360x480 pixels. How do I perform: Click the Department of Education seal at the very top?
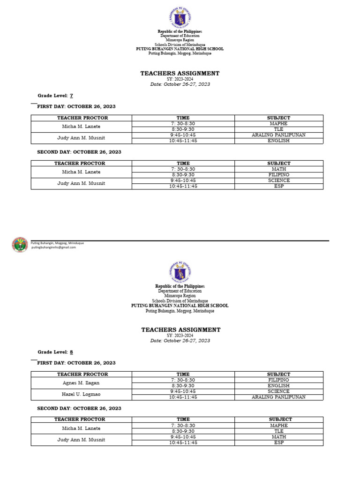pyautogui.click(x=180, y=18)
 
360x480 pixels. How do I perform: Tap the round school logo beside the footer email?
pyautogui.click(x=20, y=245)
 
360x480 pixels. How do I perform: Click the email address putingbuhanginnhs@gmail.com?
pyautogui.click(x=53, y=247)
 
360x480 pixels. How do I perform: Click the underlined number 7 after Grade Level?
pyautogui.click(x=71, y=96)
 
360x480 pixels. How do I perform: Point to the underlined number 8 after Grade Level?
pyautogui.click(x=71, y=352)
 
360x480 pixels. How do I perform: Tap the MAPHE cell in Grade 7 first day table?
pyautogui.click(x=278, y=123)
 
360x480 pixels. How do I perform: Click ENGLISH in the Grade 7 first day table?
pyautogui.click(x=278, y=141)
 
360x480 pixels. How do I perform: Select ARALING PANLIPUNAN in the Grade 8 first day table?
pyautogui.click(x=278, y=397)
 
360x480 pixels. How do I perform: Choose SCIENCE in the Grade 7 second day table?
pyautogui.click(x=278, y=180)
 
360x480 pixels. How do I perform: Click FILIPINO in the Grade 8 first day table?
pyautogui.click(x=278, y=380)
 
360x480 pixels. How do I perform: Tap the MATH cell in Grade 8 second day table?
pyautogui.click(x=278, y=436)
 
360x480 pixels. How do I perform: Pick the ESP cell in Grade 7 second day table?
pyautogui.click(x=278, y=186)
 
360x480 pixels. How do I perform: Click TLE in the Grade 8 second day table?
pyautogui.click(x=278, y=431)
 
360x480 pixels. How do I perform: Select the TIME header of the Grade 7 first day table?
pyautogui.click(x=183, y=118)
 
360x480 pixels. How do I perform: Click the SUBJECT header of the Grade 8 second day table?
pyautogui.click(x=280, y=419)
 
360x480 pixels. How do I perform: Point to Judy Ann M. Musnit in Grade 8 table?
pyautogui.click(x=81, y=440)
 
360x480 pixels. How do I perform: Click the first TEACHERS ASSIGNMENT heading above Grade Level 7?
pyautogui.click(x=180, y=74)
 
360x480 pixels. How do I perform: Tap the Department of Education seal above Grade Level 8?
pyautogui.click(x=180, y=272)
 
